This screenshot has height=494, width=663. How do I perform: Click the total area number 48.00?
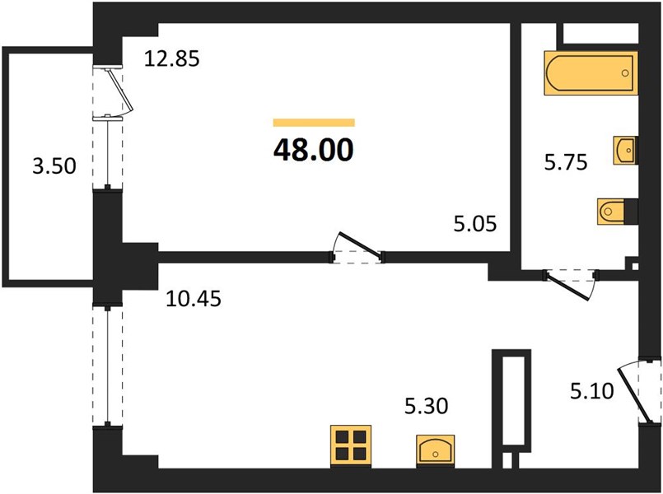pos(313,150)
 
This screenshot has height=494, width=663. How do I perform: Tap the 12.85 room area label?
pos(171,58)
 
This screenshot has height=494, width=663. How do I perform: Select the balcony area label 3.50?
pos(54,165)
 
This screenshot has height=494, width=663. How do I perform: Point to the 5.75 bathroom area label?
pos(566,162)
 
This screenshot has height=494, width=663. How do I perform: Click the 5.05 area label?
pos(475,223)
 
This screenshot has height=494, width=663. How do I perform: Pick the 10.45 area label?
pos(194,299)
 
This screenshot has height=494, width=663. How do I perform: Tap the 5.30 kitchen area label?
pos(427,406)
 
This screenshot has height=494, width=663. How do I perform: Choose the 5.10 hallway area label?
pos(591,391)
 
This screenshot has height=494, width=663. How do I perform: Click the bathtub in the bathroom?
pos(591,73)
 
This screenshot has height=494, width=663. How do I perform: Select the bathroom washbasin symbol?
pos(625,150)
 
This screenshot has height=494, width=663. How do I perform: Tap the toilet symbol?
pos(617,211)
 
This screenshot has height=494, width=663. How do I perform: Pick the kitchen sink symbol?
pos(435,450)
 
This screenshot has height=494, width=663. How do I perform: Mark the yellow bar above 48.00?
pos(314,123)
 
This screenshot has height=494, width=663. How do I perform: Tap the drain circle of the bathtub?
pos(625,73)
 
